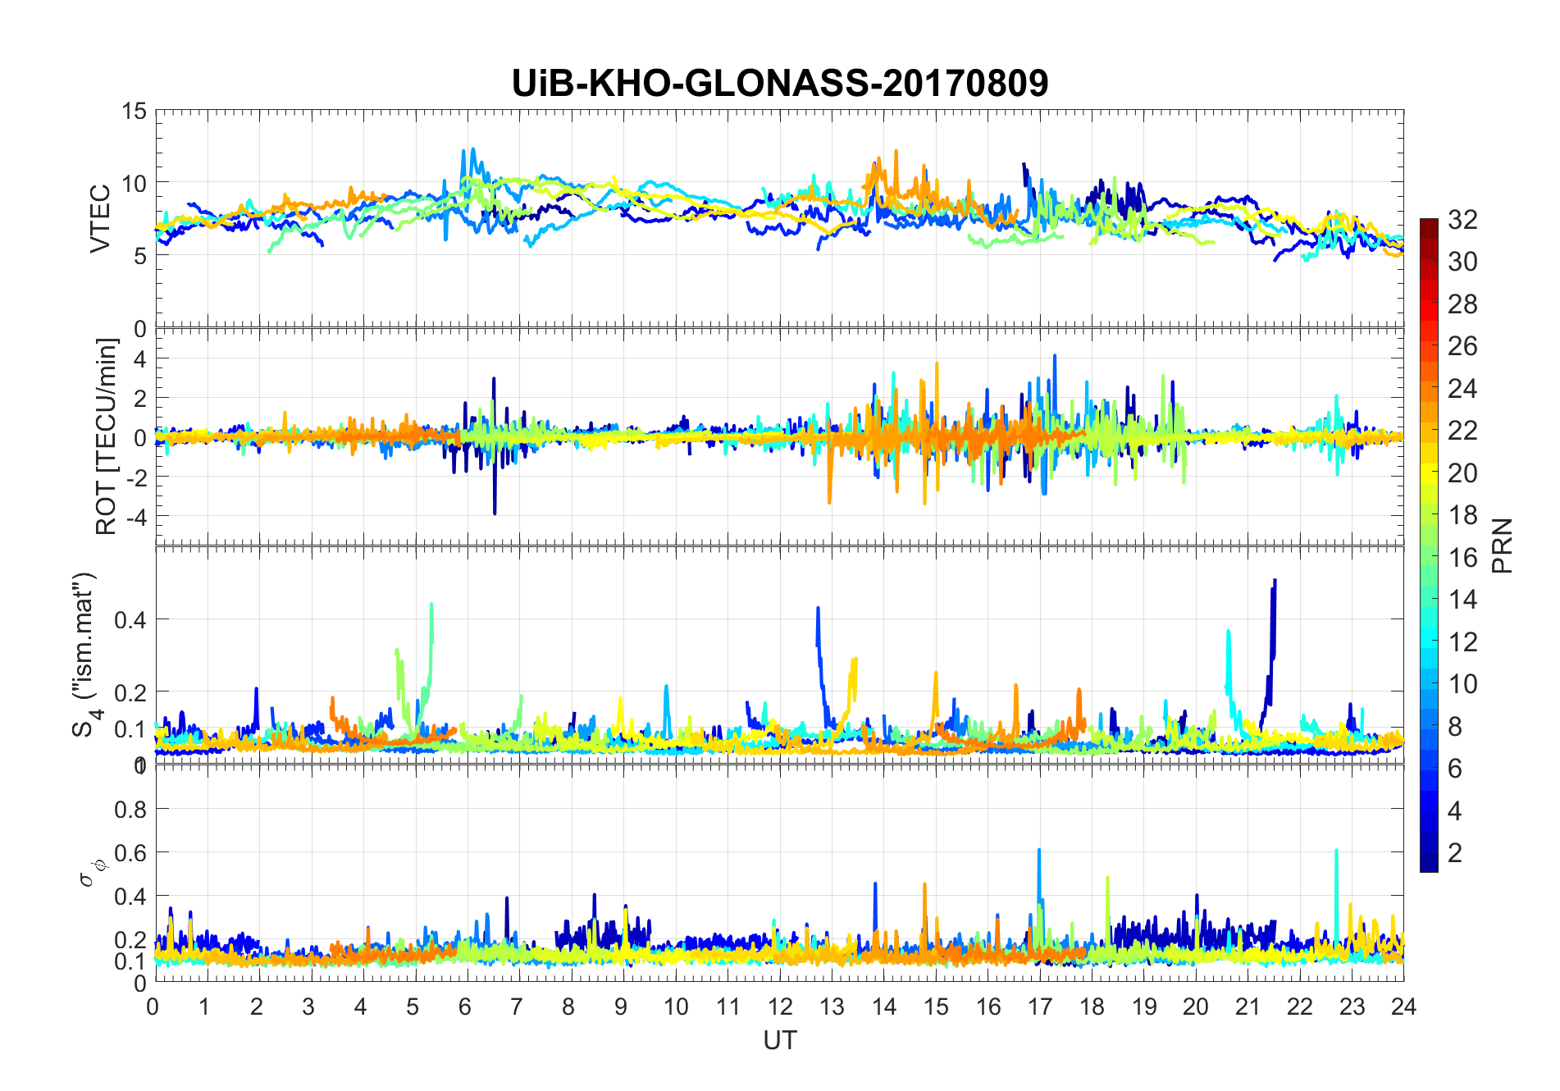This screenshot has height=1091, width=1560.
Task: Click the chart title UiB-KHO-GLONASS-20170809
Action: [x=779, y=84]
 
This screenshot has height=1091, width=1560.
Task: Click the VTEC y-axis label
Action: [x=100, y=219]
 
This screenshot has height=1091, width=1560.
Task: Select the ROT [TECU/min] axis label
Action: [x=107, y=436]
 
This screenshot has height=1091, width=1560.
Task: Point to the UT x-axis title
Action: [x=779, y=1040]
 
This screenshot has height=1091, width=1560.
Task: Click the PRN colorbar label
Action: [x=1503, y=545]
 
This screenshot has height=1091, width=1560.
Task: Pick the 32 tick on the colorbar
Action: [x=1462, y=219]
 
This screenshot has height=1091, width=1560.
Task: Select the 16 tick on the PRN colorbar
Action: [x=1462, y=557]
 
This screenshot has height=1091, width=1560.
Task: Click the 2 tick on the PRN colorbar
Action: [x=1455, y=852]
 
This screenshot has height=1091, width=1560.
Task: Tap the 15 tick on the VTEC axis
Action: [x=134, y=112]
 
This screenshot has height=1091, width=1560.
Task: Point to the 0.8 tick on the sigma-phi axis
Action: [x=130, y=809]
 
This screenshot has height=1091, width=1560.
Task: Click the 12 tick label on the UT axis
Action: [x=779, y=1007]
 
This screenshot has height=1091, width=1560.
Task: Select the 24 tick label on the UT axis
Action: [x=1403, y=1007]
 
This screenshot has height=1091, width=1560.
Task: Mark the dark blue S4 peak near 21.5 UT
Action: [x=1274, y=581]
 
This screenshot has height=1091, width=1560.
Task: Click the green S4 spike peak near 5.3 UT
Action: [x=431, y=605]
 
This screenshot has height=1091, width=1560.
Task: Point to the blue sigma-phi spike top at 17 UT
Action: [x=1039, y=851]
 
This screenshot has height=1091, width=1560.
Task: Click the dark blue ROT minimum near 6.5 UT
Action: [x=495, y=513]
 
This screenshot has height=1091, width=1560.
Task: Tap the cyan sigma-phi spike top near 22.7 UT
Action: [x=1336, y=851]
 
